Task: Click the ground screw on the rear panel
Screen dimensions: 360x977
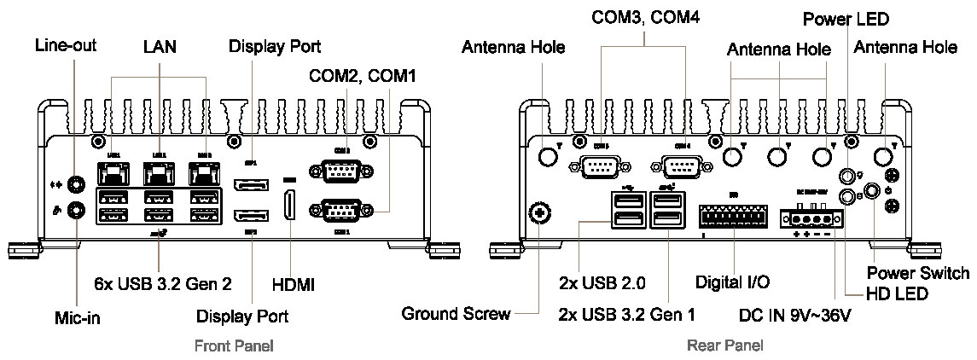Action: [538, 212]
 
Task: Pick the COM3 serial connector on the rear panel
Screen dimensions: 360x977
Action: [601, 166]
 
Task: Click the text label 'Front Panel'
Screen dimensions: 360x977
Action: [234, 345]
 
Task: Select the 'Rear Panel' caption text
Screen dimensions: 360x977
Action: [725, 345]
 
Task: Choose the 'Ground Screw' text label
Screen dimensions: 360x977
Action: [456, 314]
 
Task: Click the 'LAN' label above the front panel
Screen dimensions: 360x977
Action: [160, 48]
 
